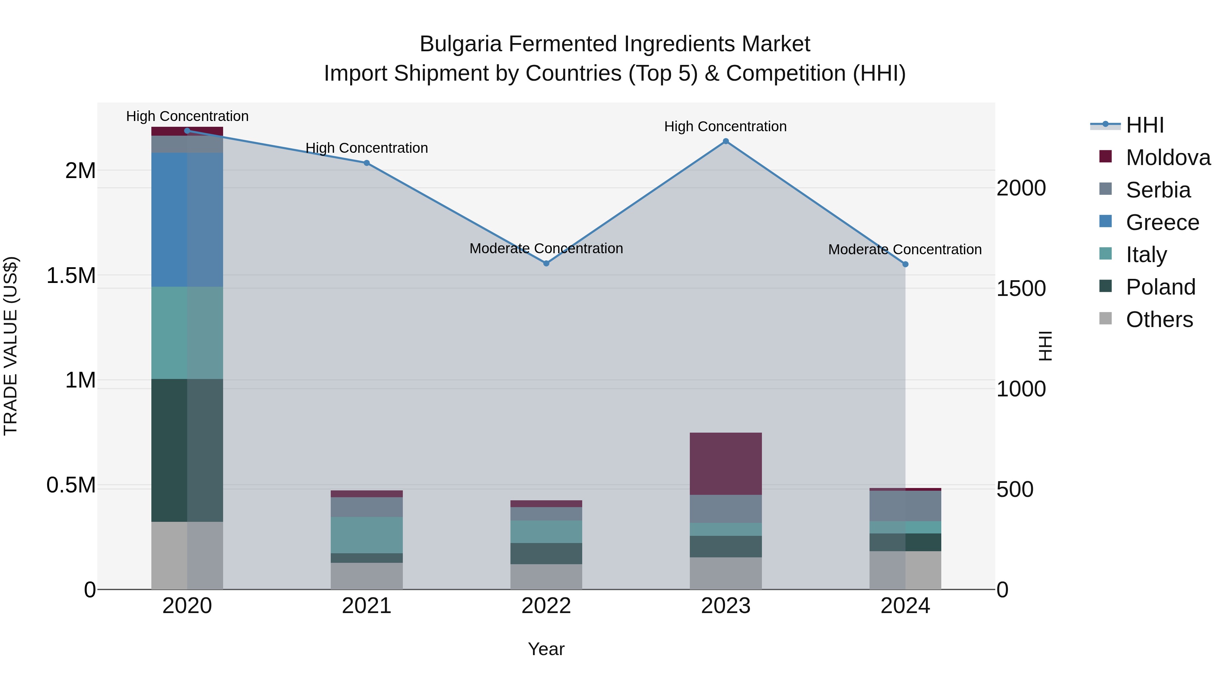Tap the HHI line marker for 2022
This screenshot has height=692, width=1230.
tap(546, 263)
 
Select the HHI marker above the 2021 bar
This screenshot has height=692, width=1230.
tap(367, 163)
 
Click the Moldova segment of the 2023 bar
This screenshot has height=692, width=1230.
tap(725, 463)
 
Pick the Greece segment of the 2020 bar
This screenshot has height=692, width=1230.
tap(187, 220)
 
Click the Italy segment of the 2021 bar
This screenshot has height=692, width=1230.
tap(367, 535)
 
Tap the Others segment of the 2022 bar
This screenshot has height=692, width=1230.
tap(546, 576)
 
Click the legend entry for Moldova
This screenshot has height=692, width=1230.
tap(1167, 158)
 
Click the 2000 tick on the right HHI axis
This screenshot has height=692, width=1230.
tap(1021, 188)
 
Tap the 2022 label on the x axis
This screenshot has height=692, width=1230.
tap(546, 606)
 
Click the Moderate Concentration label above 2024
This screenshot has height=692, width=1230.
tap(905, 249)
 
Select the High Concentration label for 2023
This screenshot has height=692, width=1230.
tap(725, 126)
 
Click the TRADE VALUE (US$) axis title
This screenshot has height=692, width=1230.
tap(11, 346)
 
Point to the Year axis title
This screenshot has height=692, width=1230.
tap(546, 649)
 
